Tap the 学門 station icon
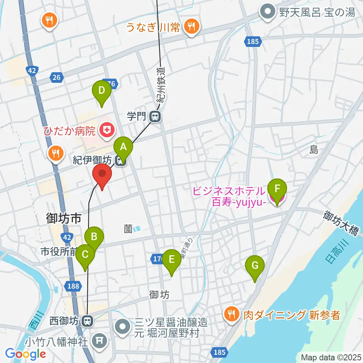point(155,116)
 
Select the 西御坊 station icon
point(88,321)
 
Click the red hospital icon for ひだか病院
point(107,131)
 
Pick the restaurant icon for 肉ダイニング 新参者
point(230,314)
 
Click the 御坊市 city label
point(64,218)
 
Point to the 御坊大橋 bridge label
point(340,223)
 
